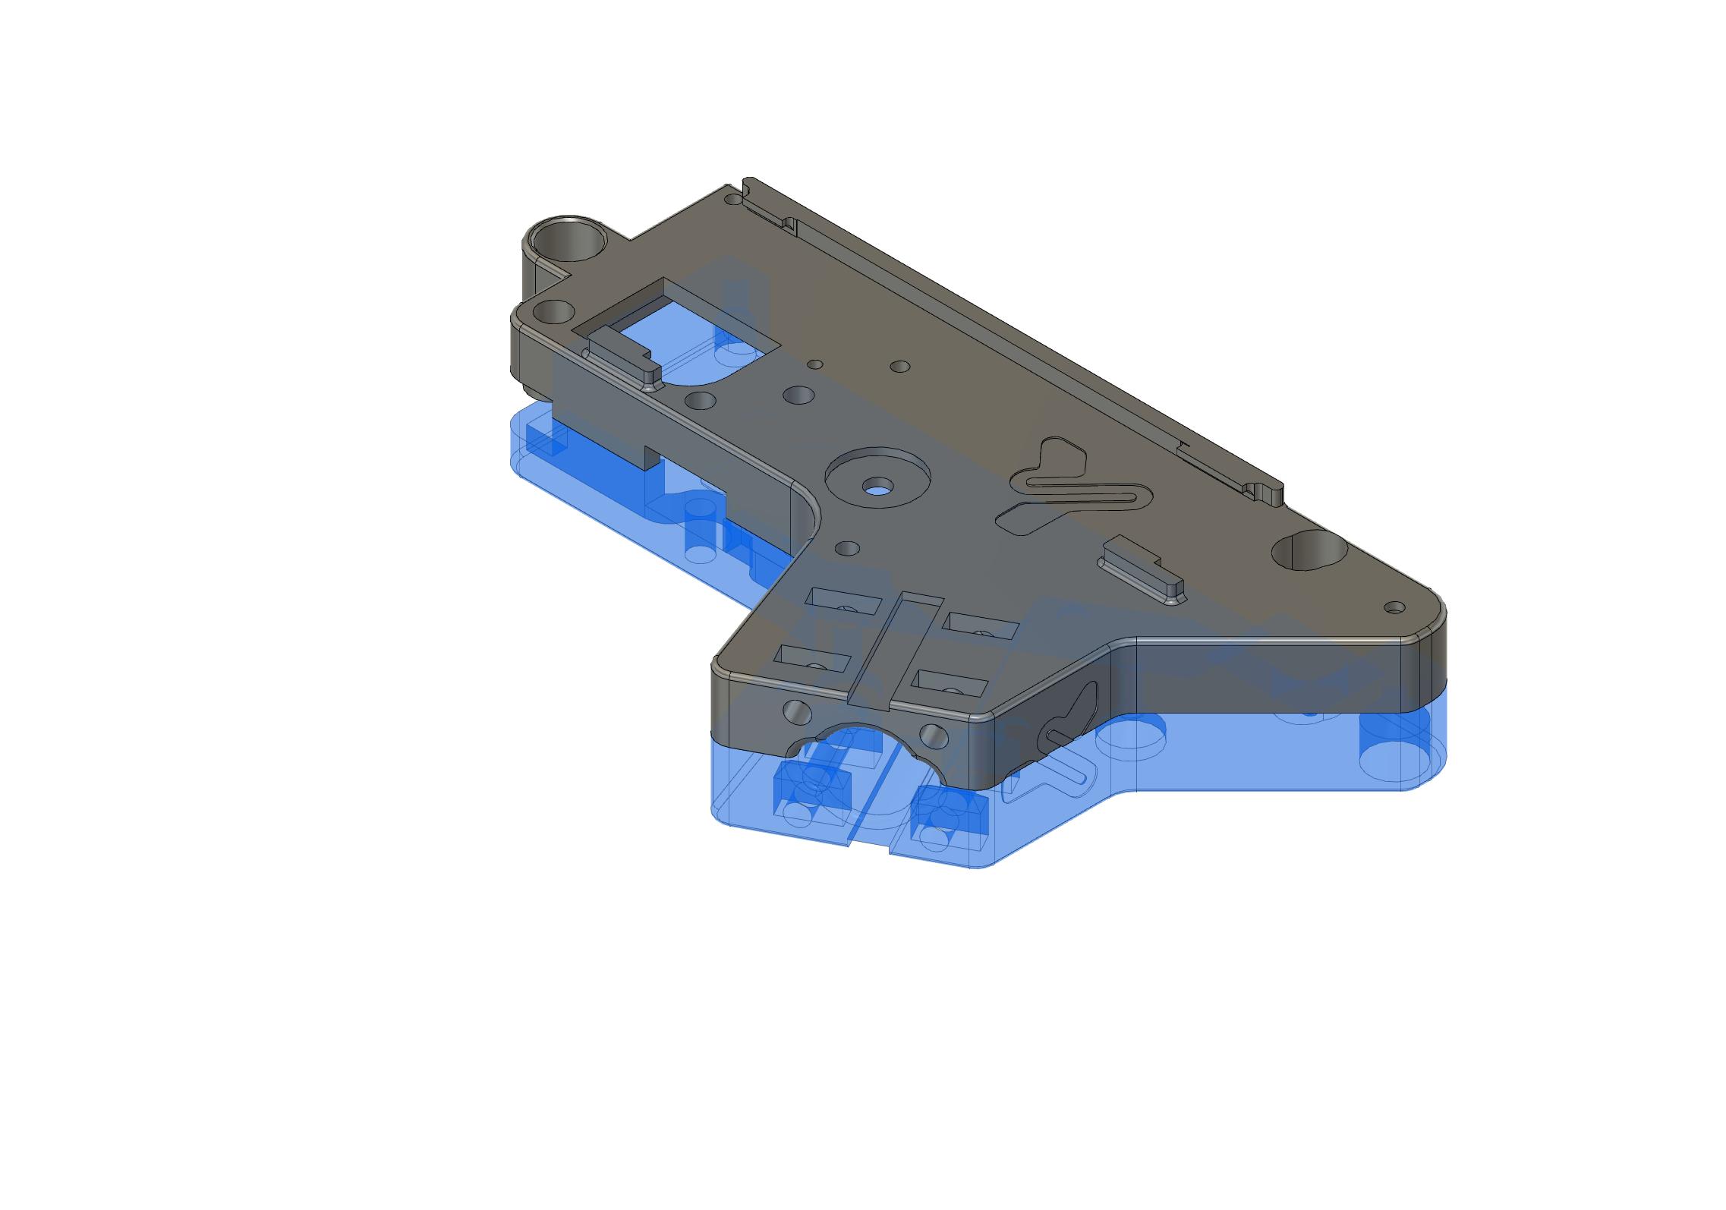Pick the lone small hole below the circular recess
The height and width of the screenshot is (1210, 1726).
click(846, 547)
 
